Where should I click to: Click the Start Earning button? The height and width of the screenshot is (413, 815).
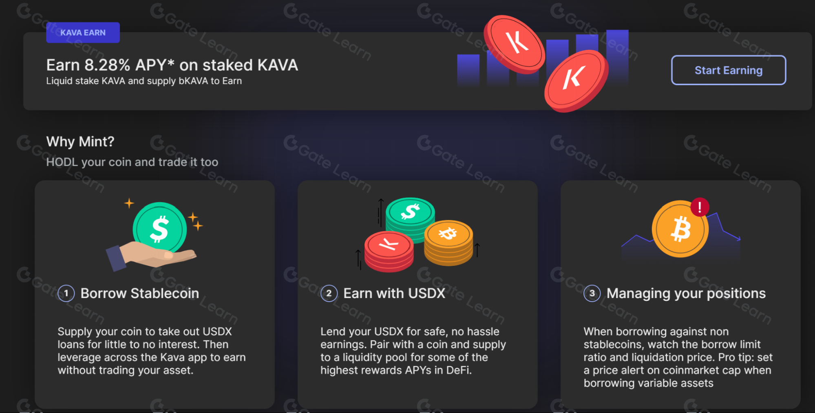click(728, 70)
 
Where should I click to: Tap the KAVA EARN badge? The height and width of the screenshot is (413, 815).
click(83, 33)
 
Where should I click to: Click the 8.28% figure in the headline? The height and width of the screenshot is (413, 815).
click(107, 65)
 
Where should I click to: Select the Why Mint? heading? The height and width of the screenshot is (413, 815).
click(80, 141)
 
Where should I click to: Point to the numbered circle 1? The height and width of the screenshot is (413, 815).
click(66, 293)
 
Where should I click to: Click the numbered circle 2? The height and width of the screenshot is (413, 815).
click(329, 293)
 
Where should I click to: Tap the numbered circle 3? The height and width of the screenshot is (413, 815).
click(592, 293)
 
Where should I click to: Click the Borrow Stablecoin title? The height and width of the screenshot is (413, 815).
click(139, 293)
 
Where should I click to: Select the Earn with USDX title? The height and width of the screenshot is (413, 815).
click(394, 293)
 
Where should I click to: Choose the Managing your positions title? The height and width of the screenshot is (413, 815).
click(686, 293)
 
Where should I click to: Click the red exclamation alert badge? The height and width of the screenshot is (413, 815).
click(700, 207)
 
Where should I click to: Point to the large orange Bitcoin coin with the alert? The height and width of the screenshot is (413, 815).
click(679, 230)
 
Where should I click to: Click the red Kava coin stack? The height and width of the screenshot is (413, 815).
click(389, 251)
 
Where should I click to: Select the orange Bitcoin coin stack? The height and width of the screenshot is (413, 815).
click(448, 243)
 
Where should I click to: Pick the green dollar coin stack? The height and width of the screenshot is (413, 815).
click(410, 218)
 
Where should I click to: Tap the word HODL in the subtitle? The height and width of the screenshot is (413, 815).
click(62, 162)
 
